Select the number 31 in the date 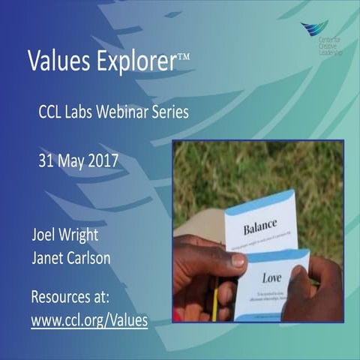pos(47,160)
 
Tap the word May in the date pos(73,160)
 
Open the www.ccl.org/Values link pos(89,320)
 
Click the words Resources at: pos(70,296)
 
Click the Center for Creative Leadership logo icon pos(313,28)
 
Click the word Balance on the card pos(260,223)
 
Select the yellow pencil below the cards pos(214,303)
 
